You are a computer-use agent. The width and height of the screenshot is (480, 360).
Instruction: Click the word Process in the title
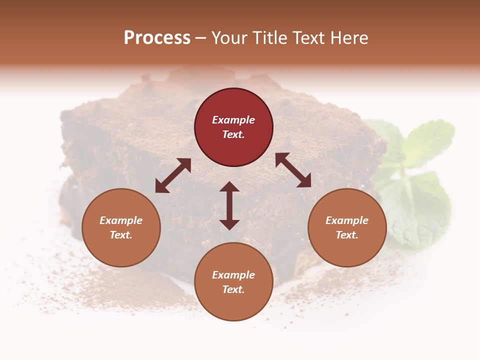[157, 38]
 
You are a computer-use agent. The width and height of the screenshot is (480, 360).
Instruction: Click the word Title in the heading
[269, 38]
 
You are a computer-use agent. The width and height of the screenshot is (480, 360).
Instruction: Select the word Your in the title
[229, 38]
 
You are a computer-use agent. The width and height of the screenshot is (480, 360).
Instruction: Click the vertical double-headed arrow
[229, 205]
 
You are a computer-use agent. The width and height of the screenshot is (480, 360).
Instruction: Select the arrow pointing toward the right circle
[293, 170]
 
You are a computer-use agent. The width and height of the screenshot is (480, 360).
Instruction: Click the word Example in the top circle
[233, 120]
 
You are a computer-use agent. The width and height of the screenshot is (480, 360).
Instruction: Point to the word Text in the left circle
[121, 235]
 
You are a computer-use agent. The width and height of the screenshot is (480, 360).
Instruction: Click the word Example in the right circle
[347, 220]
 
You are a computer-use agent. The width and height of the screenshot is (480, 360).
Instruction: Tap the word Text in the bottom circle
[233, 289]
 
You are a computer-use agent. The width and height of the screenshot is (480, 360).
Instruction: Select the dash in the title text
[201, 38]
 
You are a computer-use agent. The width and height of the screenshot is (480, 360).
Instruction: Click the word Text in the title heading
[307, 38]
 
